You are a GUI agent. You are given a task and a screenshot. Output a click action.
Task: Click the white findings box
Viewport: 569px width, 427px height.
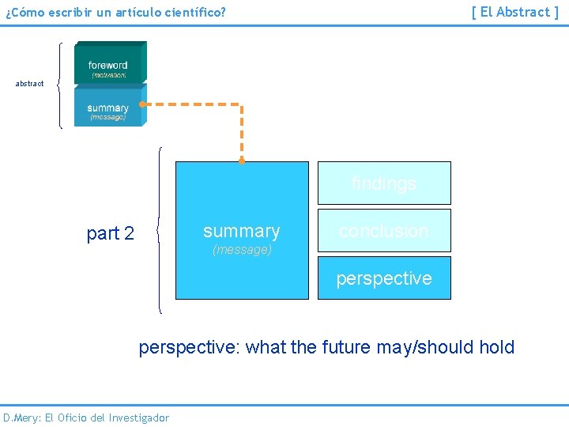point(384,183)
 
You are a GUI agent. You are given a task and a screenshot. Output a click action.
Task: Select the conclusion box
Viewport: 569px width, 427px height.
point(384,231)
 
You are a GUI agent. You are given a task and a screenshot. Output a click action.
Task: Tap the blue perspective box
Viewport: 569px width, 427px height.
point(384,278)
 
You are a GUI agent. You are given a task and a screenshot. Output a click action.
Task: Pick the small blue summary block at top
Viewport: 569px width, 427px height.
point(109,107)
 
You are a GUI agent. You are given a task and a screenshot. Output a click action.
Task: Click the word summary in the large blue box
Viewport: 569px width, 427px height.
point(241,231)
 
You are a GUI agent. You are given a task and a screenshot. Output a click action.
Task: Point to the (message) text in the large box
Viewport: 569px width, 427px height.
point(242,250)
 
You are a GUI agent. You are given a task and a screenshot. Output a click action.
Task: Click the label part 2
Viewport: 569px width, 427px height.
point(110,233)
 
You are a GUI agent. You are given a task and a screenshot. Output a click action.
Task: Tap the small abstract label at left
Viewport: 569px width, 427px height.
point(30,84)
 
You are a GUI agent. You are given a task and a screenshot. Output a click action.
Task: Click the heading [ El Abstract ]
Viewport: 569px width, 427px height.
point(514,12)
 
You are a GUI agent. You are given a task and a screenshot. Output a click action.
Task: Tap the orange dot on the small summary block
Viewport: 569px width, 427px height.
point(141,104)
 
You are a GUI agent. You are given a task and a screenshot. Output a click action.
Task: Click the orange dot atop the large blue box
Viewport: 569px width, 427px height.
point(242,161)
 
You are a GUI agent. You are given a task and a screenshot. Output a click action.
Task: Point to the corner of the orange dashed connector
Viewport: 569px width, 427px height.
point(242,104)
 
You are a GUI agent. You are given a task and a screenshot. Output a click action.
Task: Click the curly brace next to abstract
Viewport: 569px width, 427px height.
point(60,84)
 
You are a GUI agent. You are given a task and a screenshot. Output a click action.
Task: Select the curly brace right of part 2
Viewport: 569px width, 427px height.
point(160,231)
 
